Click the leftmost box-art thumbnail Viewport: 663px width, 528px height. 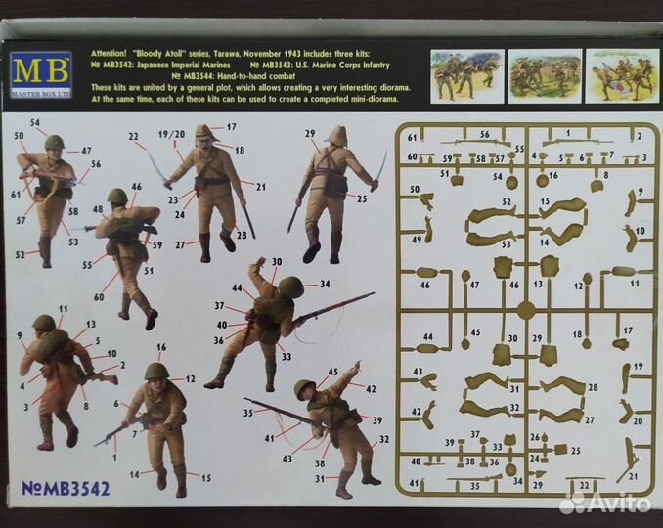point(465,76)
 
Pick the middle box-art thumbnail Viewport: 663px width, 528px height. point(542,76)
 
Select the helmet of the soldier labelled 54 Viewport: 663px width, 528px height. point(53,143)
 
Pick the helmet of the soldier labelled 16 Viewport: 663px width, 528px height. point(156,371)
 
